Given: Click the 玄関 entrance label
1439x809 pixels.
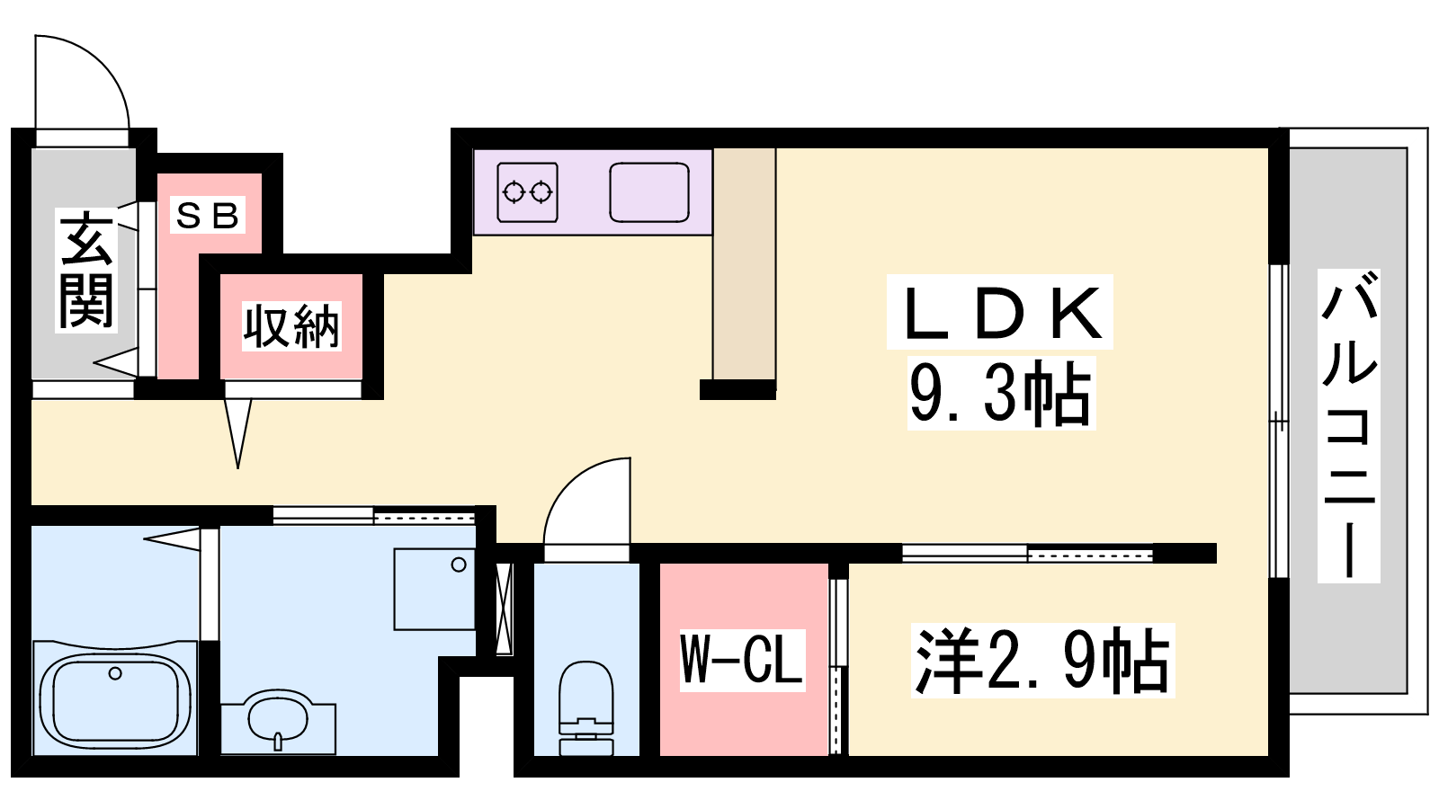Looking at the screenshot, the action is coord(86,271).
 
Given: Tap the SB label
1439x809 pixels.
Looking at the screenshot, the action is coord(208,215).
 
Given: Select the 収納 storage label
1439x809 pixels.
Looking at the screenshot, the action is coord(291,326).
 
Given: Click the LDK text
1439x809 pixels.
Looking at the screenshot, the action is coord(999,313).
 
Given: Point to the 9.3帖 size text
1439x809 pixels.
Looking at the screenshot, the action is coord(1001,393).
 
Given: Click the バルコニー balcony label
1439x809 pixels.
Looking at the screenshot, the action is coord(1348,426).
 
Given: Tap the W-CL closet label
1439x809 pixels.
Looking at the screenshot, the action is coord(743,660).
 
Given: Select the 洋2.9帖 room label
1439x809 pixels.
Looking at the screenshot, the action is coord(1042,661).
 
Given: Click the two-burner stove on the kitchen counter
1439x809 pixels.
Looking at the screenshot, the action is coord(527,192).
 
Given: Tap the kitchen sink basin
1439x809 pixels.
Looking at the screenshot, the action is coord(649,192).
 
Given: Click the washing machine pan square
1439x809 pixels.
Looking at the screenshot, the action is coord(434,589).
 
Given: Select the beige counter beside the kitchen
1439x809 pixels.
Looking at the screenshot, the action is coord(744,263).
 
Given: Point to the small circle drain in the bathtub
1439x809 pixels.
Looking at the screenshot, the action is coord(115,673).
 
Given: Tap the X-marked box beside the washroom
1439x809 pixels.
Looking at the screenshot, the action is coord(504,609).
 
